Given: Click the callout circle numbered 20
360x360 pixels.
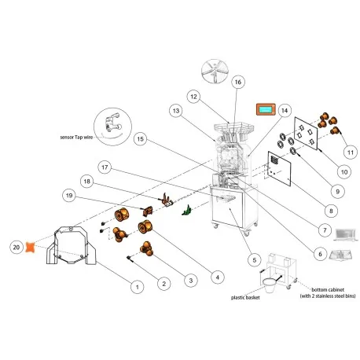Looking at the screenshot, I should (16, 246).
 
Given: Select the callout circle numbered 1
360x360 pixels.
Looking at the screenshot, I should (137, 288).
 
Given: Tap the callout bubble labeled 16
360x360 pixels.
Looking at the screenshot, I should (238, 82).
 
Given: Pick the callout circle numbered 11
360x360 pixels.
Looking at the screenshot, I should (351, 151).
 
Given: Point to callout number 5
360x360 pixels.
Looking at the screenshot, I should (252, 259).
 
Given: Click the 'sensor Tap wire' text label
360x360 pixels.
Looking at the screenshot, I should (76, 137).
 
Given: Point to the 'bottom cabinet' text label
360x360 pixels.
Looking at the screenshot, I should (327, 289).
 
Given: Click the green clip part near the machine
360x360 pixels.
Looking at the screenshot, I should (186, 210).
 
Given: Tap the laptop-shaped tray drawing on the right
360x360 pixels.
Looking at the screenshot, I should (345, 233).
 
